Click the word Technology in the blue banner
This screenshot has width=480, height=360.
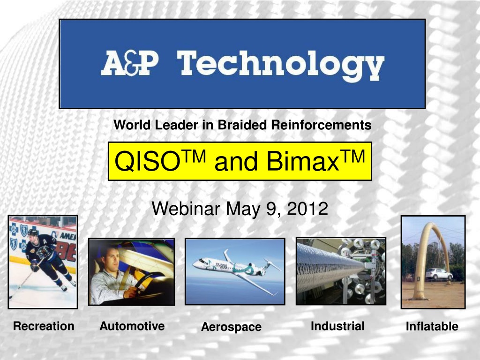[x=280, y=66]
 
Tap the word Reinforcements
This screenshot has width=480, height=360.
[x=321, y=125]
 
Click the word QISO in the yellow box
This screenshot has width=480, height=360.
[x=147, y=162]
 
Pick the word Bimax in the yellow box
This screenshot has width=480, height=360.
[x=302, y=161]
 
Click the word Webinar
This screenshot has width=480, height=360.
[x=186, y=209]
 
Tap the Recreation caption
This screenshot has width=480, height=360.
[x=44, y=326]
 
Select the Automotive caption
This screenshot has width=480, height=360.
[x=132, y=326]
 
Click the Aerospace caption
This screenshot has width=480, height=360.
[x=231, y=327]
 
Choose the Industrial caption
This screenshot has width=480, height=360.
[x=337, y=326]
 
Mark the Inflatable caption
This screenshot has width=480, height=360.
[x=432, y=326]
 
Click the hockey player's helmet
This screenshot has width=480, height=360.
[x=33, y=232]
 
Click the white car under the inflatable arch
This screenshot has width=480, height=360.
[x=438, y=274]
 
